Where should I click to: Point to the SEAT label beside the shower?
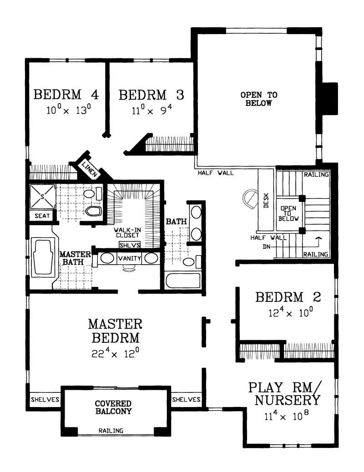(42, 216)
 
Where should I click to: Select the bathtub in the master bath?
(44, 257)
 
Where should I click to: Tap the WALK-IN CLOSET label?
(127, 233)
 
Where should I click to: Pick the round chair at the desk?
(250, 199)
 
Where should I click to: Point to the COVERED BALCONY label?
(113, 407)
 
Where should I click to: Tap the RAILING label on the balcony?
(111, 431)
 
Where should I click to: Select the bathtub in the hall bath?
(183, 280)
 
